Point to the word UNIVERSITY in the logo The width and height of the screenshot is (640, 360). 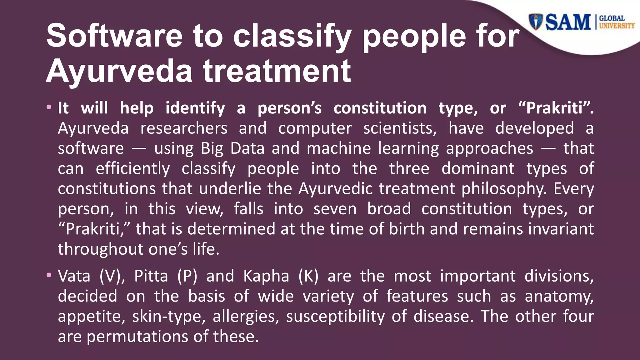tap(617, 26)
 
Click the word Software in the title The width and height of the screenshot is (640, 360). tap(114, 36)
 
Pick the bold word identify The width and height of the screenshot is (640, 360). tap(195, 108)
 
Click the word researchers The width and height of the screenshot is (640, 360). tap(184, 128)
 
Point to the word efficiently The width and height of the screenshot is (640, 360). tap(133, 168)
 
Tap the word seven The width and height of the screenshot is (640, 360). tap(335, 209)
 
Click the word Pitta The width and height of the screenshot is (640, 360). tap(151, 276)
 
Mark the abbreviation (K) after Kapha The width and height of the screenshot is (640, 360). tap(308, 276)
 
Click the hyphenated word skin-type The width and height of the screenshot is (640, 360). tap(169, 316)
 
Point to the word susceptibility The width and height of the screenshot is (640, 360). tap(335, 316)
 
